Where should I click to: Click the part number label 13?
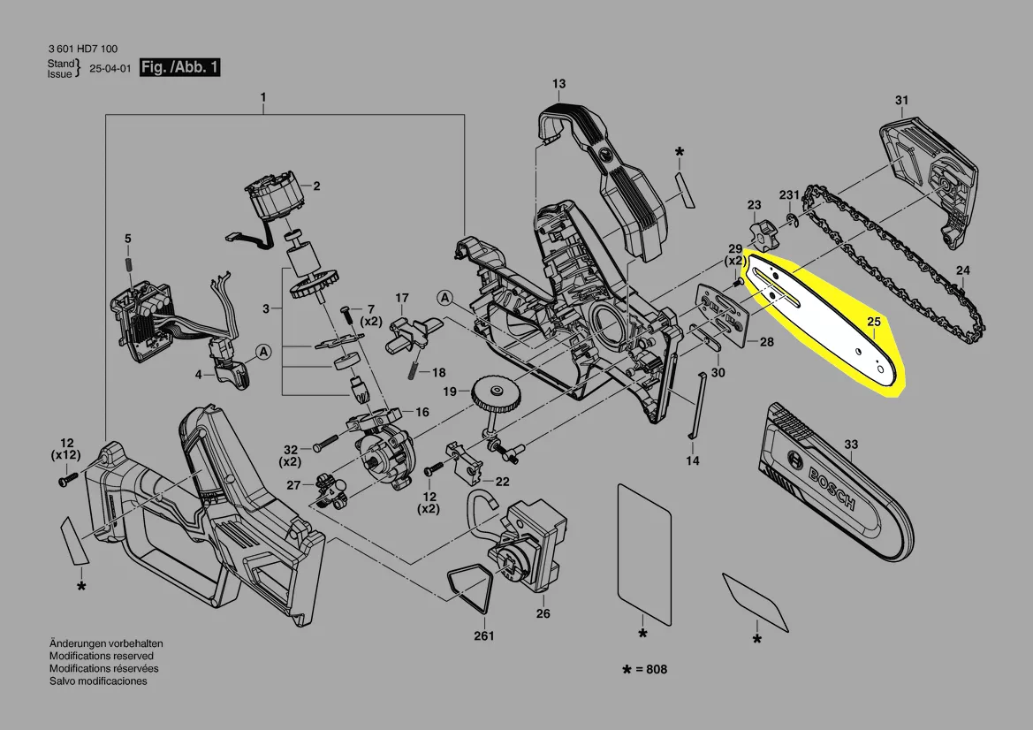pos(558,84)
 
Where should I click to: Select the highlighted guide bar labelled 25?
pos(824,322)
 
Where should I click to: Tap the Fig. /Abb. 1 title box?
pos(179,67)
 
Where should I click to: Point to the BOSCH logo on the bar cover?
pos(831,488)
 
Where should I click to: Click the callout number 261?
pos(483,635)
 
